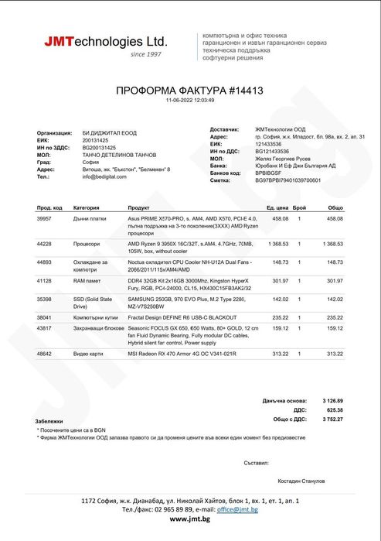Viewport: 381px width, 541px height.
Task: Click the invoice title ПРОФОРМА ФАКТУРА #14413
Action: (189, 91)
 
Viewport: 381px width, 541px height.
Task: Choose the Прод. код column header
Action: (49, 208)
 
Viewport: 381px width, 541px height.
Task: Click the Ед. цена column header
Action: (277, 208)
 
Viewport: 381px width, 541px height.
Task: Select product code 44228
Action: (44, 244)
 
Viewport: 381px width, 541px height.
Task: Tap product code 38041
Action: (44, 317)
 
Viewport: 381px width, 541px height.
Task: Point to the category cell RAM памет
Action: (89, 281)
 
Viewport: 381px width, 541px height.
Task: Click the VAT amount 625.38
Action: (333, 409)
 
